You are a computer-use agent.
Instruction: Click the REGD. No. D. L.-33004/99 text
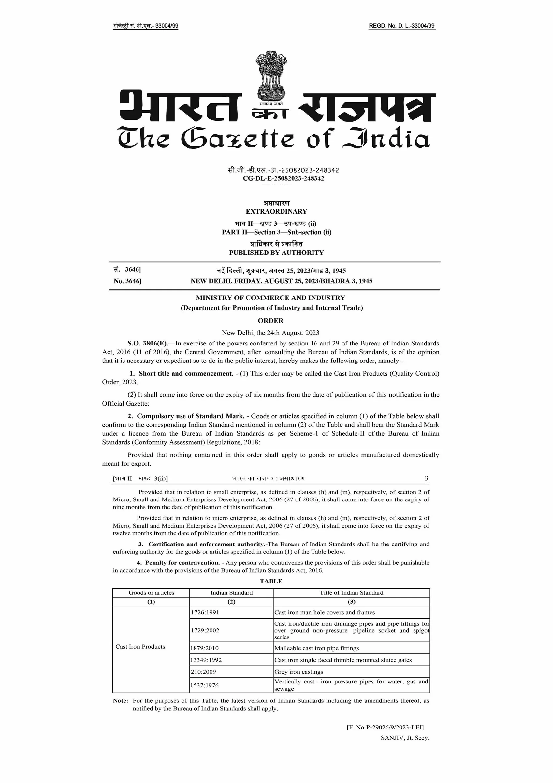(402, 26)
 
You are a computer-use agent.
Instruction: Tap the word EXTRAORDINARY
(276, 211)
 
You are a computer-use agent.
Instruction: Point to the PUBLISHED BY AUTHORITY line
(276, 253)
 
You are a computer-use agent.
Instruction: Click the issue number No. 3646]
(127, 281)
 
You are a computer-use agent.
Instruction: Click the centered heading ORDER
(270, 321)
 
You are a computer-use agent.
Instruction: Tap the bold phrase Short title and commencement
(186, 374)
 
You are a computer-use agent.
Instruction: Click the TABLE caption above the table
(271, 581)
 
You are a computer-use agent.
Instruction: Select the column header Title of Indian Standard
(351, 593)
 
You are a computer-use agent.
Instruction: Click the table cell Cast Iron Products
(140, 647)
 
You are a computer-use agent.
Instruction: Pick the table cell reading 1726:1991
(205, 612)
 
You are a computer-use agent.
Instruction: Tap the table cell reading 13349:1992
(206, 660)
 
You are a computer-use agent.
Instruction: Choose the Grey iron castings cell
(299, 672)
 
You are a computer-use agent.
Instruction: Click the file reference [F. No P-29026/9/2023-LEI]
(385, 727)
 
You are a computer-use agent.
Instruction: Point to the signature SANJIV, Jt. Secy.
(405, 738)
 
